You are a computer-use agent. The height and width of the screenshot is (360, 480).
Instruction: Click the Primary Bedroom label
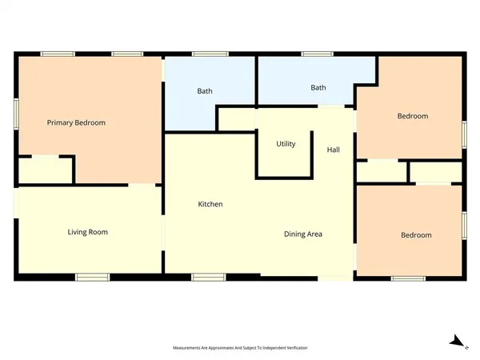[x=76, y=123]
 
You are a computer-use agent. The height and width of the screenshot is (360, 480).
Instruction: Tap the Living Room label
[x=87, y=232]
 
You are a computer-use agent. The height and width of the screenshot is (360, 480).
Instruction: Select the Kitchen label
[x=210, y=205]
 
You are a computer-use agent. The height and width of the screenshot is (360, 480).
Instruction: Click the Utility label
[x=286, y=145]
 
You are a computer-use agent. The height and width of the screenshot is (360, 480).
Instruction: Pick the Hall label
[x=334, y=150]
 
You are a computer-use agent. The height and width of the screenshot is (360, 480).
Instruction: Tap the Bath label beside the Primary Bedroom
[x=205, y=91]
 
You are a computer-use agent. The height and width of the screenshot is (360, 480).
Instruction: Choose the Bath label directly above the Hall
[x=318, y=88]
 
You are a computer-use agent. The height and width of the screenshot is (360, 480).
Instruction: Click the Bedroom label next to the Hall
[x=413, y=117]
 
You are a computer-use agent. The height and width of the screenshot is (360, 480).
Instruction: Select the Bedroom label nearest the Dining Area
[x=416, y=235]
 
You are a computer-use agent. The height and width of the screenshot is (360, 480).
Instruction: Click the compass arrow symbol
[x=457, y=342]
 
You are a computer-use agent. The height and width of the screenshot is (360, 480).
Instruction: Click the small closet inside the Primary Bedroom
[x=45, y=170]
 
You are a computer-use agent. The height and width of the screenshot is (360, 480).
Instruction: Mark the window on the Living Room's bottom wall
[x=92, y=278]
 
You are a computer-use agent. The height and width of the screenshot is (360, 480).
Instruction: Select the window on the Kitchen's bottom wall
[x=208, y=278]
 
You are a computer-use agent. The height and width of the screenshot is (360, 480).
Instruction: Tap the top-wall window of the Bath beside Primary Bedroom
[x=209, y=54]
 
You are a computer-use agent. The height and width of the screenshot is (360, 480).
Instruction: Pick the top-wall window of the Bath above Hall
[x=318, y=54]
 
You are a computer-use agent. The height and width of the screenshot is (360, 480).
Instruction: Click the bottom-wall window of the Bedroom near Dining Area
[x=408, y=278]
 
